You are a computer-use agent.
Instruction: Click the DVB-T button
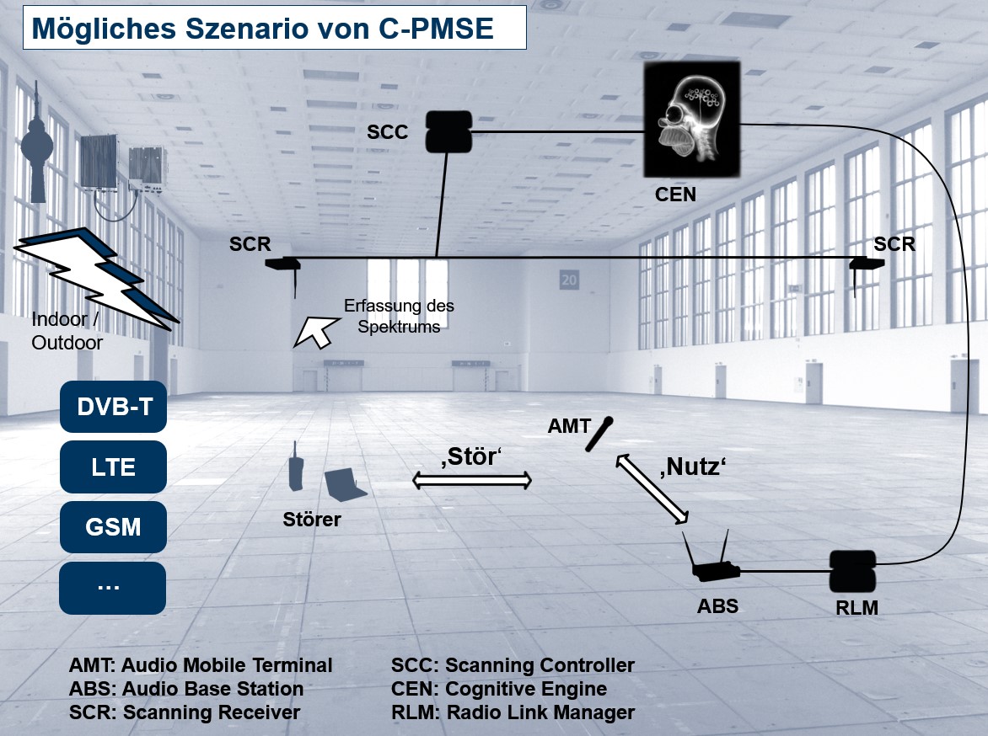(114, 407)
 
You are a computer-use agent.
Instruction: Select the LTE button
(114, 467)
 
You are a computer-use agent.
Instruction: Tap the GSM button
(114, 526)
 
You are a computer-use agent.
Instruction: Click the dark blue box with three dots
(114, 586)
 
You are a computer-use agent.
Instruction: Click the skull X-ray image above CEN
(692, 119)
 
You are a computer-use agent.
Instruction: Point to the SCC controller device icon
(447, 131)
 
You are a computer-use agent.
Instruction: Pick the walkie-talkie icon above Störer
(295, 467)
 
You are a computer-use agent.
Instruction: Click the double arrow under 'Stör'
(471, 481)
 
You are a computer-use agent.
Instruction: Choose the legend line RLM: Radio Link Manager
(513, 712)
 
